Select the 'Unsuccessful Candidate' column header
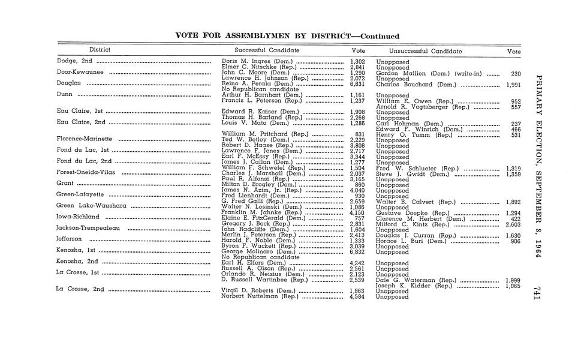click(425, 52)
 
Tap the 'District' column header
click(100, 50)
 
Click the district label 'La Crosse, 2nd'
click(80, 289)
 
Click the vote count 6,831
click(357, 84)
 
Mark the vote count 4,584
click(357, 296)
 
